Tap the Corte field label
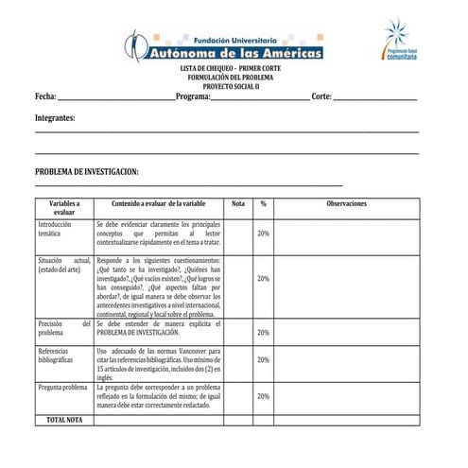click(x=321, y=96)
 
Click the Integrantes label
click(x=55, y=118)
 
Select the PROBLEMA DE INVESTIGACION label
click(x=87, y=171)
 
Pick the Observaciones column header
click(x=346, y=203)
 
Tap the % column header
click(x=263, y=203)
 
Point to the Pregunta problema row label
click(x=61, y=388)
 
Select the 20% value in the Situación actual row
click(x=263, y=279)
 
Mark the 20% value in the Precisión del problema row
click(x=263, y=333)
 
